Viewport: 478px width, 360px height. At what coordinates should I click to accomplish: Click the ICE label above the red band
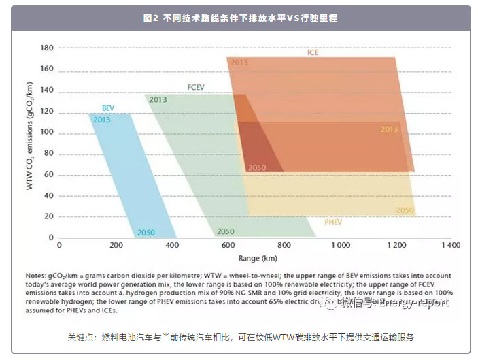tap(313, 52)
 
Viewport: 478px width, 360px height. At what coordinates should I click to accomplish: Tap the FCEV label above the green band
tap(197, 87)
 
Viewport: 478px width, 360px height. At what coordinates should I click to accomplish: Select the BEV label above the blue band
tap(107, 108)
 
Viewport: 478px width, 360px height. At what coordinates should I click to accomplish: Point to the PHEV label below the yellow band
tap(332, 221)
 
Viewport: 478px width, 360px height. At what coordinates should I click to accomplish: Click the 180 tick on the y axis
tap(46, 48)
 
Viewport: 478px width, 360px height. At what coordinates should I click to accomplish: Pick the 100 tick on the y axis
tap(46, 132)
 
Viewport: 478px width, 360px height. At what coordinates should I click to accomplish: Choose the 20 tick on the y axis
tap(48, 216)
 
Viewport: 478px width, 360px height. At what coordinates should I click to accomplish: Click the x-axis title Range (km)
tap(258, 259)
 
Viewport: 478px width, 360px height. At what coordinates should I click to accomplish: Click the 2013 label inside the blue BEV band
tap(102, 120)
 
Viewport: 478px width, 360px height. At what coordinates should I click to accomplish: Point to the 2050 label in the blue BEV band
tap(146, 233)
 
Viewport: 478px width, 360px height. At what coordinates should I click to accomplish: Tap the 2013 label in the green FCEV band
tap(158, 100)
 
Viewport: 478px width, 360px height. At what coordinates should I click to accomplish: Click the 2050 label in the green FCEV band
tap(225, 232)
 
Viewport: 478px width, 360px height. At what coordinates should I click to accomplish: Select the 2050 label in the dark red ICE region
tap(257, 167)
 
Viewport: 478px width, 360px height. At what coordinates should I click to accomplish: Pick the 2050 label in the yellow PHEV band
tap(405, 210)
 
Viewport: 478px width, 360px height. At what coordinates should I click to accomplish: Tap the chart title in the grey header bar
tap(240, 19)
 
